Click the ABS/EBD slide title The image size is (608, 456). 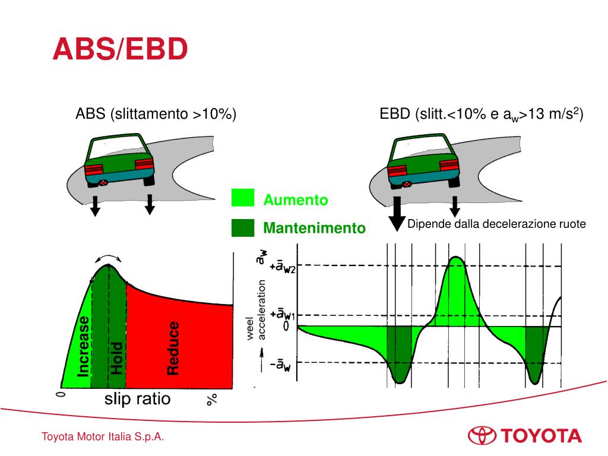coord(120,49)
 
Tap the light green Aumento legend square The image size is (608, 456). coord(242,198)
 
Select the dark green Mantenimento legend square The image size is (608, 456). coord(242,227)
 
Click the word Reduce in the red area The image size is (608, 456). coord(173,348)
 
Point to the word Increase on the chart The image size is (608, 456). coord(84,346)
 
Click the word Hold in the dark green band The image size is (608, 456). coord(116,357)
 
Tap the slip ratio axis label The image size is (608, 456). coord(137,399)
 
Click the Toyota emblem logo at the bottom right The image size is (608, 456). coord(482,435)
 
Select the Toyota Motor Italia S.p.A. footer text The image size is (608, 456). coord(102,437)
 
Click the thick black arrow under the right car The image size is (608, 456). coord(397,214)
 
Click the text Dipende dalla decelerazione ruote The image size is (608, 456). coord(496,224)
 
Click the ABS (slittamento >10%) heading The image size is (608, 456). coord(156,114)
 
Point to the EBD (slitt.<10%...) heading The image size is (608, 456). coord(482,114)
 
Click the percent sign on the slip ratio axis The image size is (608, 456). coord(212,399)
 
